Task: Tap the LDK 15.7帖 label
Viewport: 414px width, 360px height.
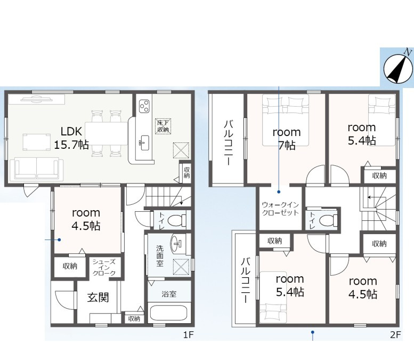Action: tap(71, 138)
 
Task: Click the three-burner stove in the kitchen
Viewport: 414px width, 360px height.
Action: tap(144, 106)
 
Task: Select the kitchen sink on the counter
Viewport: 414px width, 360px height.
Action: tap(144, 143)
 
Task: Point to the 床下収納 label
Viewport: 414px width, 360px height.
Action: tap(163, 126)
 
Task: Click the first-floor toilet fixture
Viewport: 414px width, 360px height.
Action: tap(177, 220)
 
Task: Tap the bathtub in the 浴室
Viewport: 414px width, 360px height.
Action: tap(169, 314)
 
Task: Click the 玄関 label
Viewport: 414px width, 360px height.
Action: tap(98, 298)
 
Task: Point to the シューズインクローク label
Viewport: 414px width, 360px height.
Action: tap(104, 267)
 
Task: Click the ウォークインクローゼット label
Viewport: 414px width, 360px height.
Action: tap(280, 209)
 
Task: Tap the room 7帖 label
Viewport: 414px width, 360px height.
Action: tap(287, 138)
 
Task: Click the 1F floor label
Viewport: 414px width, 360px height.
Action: tap(189, 335)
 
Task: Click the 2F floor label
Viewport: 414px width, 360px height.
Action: tap(395, 335)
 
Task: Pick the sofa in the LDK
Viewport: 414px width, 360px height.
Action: tap(36, 169)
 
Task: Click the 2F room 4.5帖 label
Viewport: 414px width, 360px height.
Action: tap(363, 287)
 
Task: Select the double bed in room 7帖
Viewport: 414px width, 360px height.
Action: tap(286, 120)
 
